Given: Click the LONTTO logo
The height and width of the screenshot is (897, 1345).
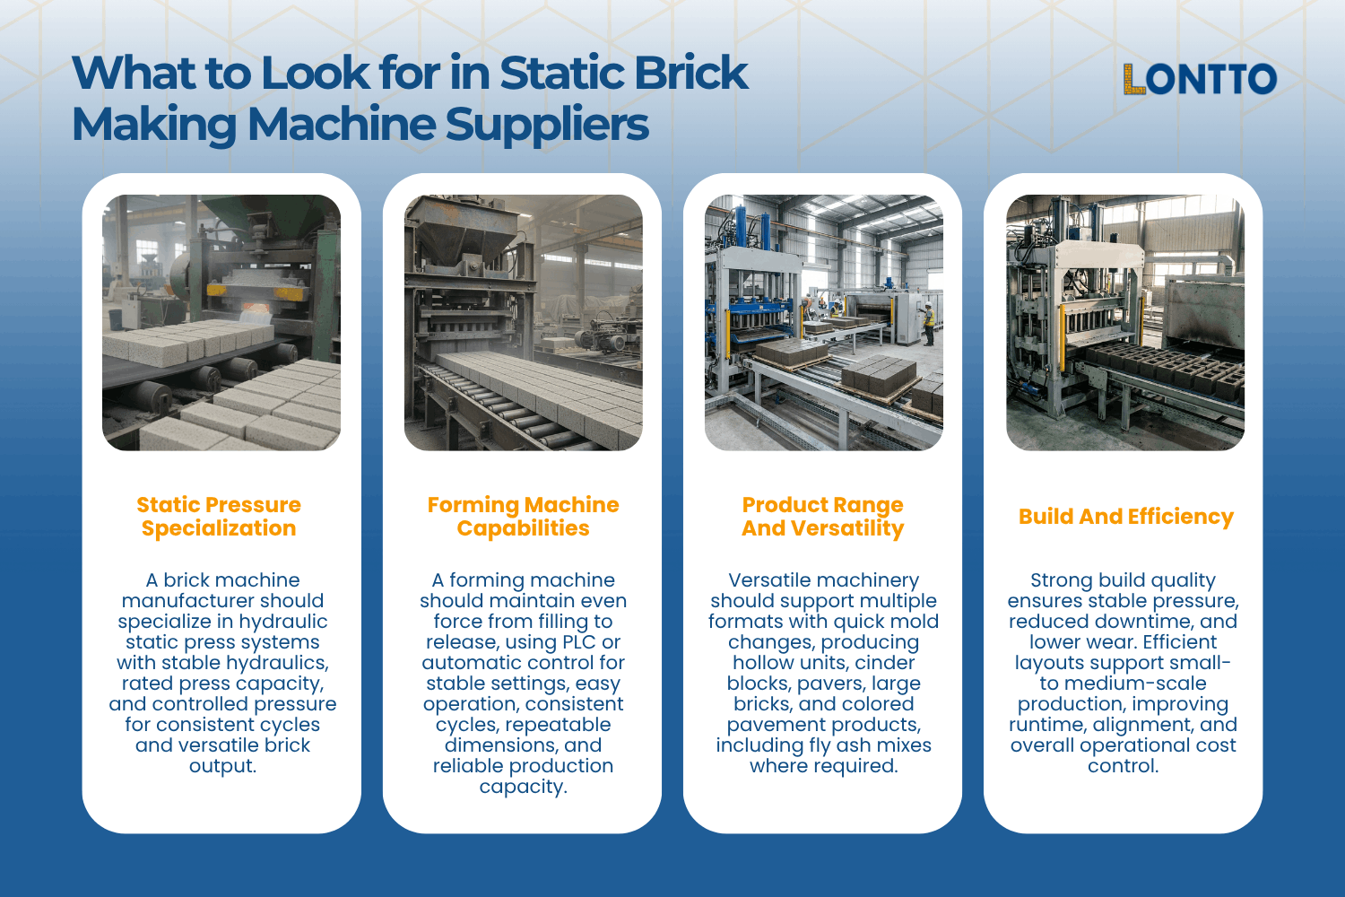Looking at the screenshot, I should pos(1200,79).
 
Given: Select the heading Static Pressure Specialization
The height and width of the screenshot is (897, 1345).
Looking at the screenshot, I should pos(219,517).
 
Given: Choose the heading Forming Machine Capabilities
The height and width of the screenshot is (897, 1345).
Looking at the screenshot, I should pos(523,517).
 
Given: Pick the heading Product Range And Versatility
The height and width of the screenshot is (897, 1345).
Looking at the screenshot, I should pos(822,517).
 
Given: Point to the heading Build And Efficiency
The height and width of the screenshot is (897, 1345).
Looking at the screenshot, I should pos(1125,517).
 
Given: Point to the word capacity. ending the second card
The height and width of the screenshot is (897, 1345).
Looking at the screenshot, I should pos(523,787).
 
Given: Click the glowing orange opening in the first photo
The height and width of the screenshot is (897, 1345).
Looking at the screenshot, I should pos(255,310).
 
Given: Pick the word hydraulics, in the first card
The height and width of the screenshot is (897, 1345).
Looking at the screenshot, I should pos(282,663).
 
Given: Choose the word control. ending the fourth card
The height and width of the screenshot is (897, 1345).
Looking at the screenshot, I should pos(1123,766).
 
